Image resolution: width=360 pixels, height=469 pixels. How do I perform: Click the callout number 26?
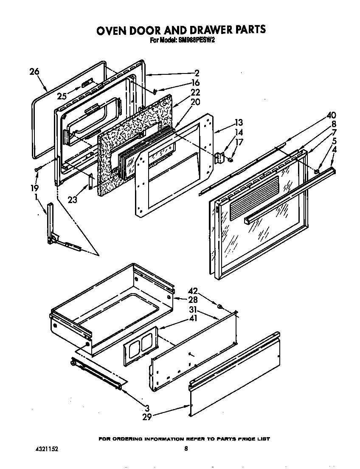34,72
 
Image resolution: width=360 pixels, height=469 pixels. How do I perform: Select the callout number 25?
62,96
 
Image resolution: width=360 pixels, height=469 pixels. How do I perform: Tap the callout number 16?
195,82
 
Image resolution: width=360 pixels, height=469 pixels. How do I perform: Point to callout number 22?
195,92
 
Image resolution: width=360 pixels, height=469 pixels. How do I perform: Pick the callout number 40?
331,115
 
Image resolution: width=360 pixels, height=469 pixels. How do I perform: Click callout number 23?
73,199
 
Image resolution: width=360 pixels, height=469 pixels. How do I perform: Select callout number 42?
193,291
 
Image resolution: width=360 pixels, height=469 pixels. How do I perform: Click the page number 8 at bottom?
186,448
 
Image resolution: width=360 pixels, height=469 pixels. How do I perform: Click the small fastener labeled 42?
220,306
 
